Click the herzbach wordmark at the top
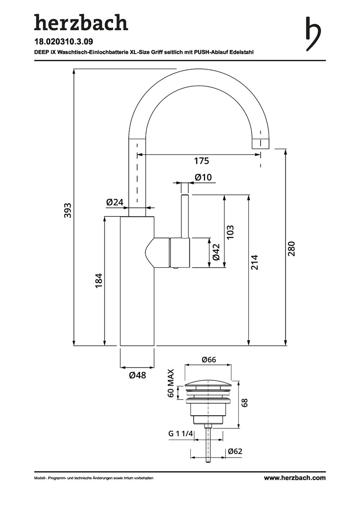(81, 23)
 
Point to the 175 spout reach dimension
(201, 161)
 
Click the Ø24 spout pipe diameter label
(115, 202)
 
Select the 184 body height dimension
(98, 281)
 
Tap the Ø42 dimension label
(216, 252)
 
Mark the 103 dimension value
(230, 232)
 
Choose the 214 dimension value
(255, 262)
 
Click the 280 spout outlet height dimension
(291, 248)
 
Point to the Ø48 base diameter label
(137, 376)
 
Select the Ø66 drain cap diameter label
(208, 360)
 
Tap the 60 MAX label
(171, 384)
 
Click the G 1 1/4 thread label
(181, 434)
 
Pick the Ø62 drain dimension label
(235, 452)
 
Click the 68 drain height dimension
(244, 403)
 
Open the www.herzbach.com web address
(295, 478)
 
